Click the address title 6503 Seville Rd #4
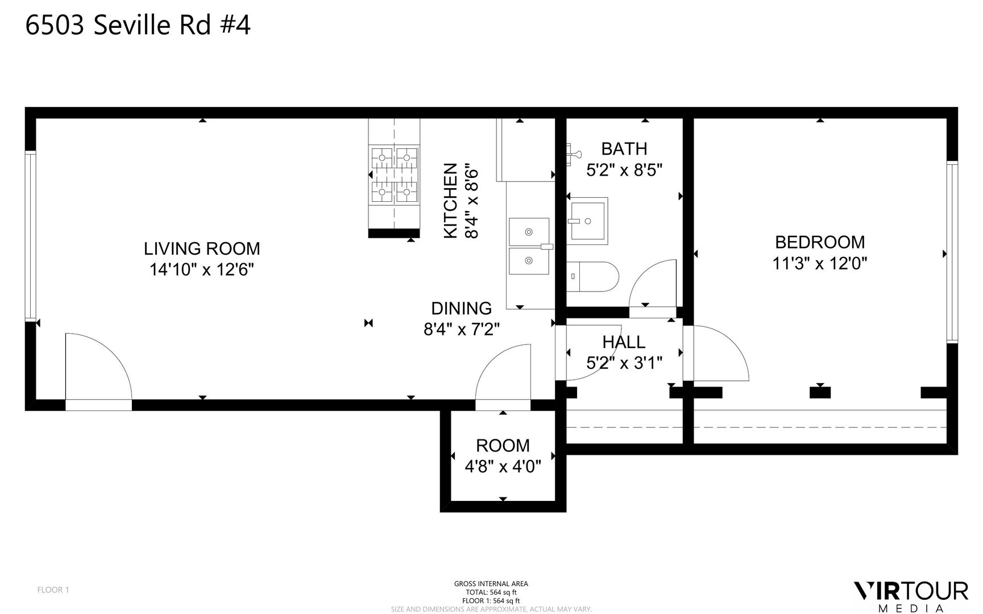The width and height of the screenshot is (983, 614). coord(138,26)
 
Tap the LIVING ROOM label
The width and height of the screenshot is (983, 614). coord(202,248)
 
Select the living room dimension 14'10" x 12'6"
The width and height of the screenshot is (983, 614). coord(201,269)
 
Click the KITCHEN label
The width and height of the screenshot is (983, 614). coord(450,200)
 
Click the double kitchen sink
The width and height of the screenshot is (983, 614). coord(529,246)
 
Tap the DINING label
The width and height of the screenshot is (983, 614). coord(461,308)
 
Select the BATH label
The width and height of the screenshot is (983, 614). coord(624,149)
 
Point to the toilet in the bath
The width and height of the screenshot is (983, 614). coord(593,277)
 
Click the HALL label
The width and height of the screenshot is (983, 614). coord(624,342)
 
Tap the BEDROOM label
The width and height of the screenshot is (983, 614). coord(820,242)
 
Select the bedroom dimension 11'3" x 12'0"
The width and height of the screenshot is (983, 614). coord(820,263)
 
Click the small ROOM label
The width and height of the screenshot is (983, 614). coord(503,445)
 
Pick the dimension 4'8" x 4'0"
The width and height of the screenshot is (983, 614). coord(503,467)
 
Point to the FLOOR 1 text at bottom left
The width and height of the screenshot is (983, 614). coord(53,590)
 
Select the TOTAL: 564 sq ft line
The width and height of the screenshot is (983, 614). coord(491,592)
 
